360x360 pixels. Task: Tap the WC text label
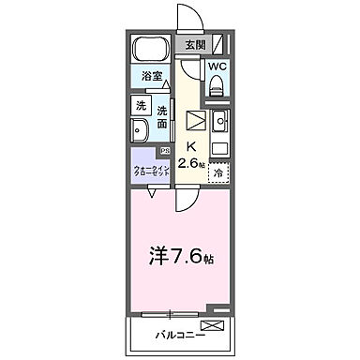coord(217,67)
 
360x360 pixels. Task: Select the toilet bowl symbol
coord(217,87)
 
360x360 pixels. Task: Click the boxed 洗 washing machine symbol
coord(139,106)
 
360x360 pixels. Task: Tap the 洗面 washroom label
coord(162,115)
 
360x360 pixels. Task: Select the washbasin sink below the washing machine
coord(140,130)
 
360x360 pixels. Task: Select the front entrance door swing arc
coord(188,19)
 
